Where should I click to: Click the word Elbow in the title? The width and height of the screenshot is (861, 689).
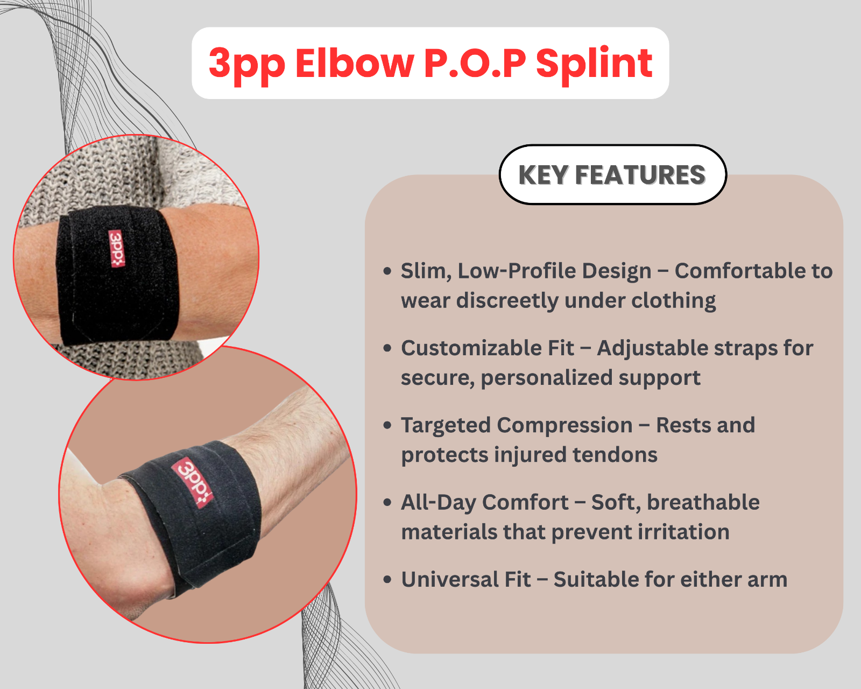(x=355, y=63)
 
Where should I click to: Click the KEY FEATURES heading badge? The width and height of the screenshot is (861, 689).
(x=612, y=174)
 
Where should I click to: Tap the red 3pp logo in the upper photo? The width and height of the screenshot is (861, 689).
(x=117, y=248)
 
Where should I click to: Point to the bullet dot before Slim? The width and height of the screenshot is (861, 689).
(x=387, y=271)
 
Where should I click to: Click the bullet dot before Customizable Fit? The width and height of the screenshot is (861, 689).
(x=387, y=348)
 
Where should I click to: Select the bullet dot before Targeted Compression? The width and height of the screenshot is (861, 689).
(x=387, y=426)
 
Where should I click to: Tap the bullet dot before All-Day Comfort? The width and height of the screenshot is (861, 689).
(x=387, y=503)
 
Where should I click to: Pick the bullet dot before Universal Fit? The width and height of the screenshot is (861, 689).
(x=387, y=580)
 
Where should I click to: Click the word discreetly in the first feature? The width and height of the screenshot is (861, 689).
(x=507, y=301)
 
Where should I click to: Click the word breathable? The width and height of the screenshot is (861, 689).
(x=703, y=502)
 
